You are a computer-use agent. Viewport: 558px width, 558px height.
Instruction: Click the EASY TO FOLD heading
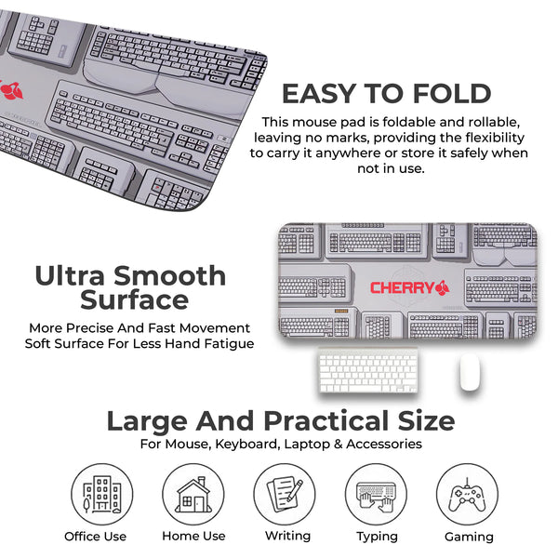coord(386,94)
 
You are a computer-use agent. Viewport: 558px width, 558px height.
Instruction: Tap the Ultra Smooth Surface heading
coord(130,287)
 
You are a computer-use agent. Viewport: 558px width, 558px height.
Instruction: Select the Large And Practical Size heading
coord(280,420)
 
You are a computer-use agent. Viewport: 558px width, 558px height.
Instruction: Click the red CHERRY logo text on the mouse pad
coord(402,287)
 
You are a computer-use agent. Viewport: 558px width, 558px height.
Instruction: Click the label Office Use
coord(96,536)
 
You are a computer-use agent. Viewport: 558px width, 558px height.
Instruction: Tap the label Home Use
coord(194,536)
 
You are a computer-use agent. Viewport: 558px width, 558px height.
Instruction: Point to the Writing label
coord(287,536)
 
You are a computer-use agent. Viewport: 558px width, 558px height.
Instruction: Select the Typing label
coord(377,537)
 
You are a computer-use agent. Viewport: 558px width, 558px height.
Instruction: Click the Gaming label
coord(469,537)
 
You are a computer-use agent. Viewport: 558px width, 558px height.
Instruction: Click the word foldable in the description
coord(415,122)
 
